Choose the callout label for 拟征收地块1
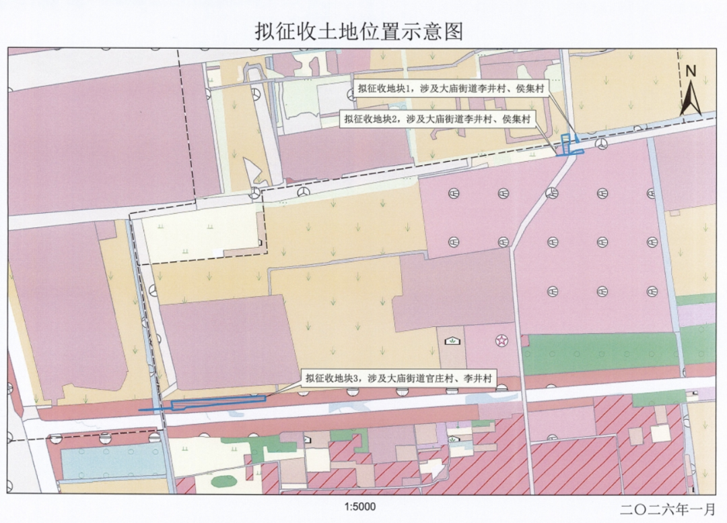(x=451, y=88)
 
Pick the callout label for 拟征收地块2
(x=437, y=119)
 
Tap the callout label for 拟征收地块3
(x=399, y=379)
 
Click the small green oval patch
(x=222, y=482)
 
